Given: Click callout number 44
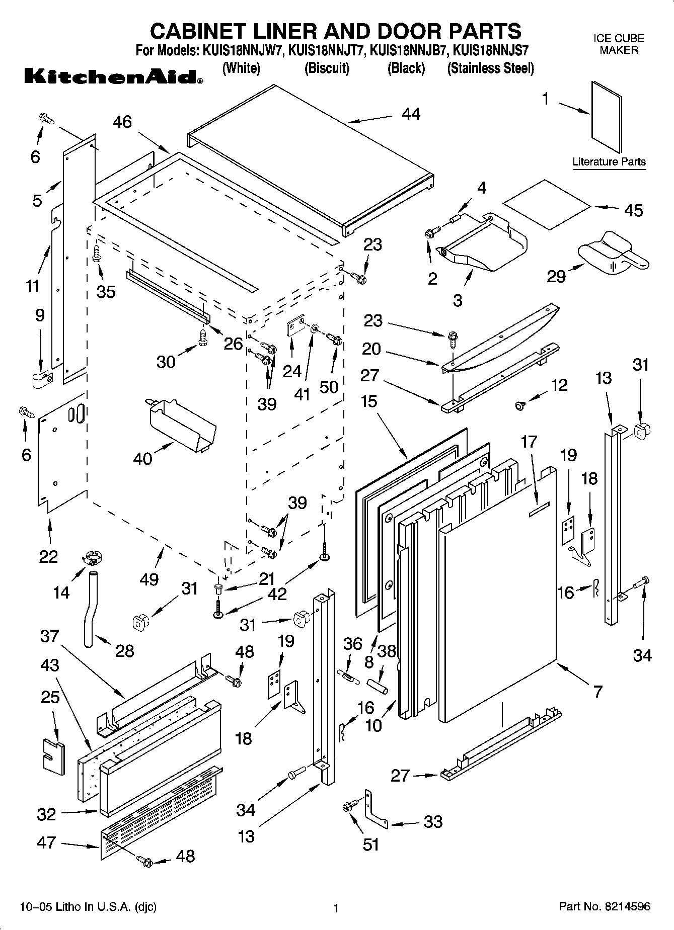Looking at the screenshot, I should (x=411, y=114).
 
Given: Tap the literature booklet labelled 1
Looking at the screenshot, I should (x=607, y=117).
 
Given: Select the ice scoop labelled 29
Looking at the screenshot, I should (x=612, y=252).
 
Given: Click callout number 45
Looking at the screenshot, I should (x=633, y=210).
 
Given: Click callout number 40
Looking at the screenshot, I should (x=142, y=458).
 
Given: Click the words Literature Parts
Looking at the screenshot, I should (x=609, y=162).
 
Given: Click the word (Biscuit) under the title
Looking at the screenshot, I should (x=327, y=68).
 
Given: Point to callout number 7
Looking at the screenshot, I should (x=597, y=692).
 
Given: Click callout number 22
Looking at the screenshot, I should (x=48, y=556).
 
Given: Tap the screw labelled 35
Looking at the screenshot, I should (x=96, y=254).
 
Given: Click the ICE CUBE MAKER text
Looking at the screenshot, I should (x=619, y=44).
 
